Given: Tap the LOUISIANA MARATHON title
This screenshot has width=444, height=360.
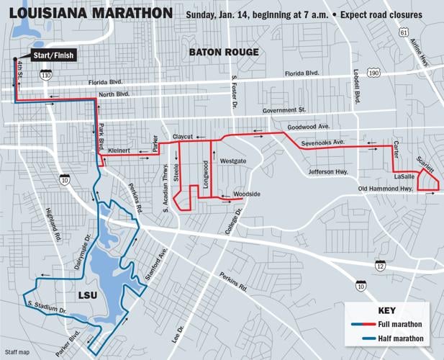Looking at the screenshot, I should (x=91, y=13).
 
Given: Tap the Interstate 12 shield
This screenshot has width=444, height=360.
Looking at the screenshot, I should (x=380, y=266).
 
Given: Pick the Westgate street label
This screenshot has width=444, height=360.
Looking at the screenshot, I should (x=233, y=161).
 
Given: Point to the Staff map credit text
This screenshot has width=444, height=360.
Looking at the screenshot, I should (x=17, y=352).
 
